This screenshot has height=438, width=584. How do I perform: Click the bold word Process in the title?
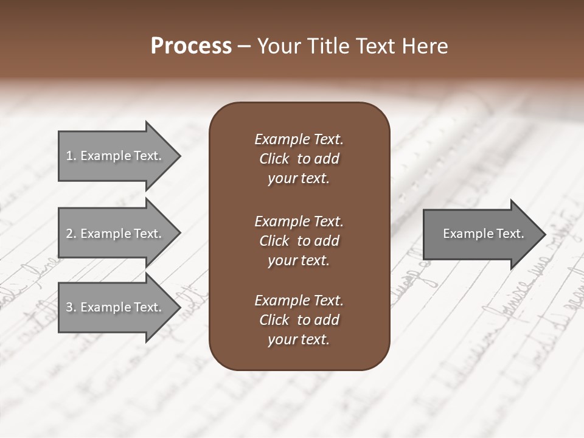[x=191, y=46]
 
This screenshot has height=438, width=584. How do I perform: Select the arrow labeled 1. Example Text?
[x=116, y=156]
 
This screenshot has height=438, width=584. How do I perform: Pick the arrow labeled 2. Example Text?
[x=116, y=234]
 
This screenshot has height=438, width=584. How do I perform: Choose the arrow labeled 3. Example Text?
[x=116, y=307]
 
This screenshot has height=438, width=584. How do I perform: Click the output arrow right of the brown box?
[x=481, y=234]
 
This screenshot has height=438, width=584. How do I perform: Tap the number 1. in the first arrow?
[x=71, y=156]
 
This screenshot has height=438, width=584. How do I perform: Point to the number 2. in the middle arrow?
[x=71, y=234]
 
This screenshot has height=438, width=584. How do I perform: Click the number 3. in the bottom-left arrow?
[x=71, y=307]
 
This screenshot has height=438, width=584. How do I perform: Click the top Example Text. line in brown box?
[x=299, y=139]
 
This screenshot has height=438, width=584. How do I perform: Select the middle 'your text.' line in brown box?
[x=299, y=260]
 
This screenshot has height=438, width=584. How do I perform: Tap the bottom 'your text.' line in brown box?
[x=299, y=339]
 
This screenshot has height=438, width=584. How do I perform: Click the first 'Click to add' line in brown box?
[x=299, y=159]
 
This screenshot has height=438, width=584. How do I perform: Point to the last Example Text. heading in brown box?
[x=299, y=301]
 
